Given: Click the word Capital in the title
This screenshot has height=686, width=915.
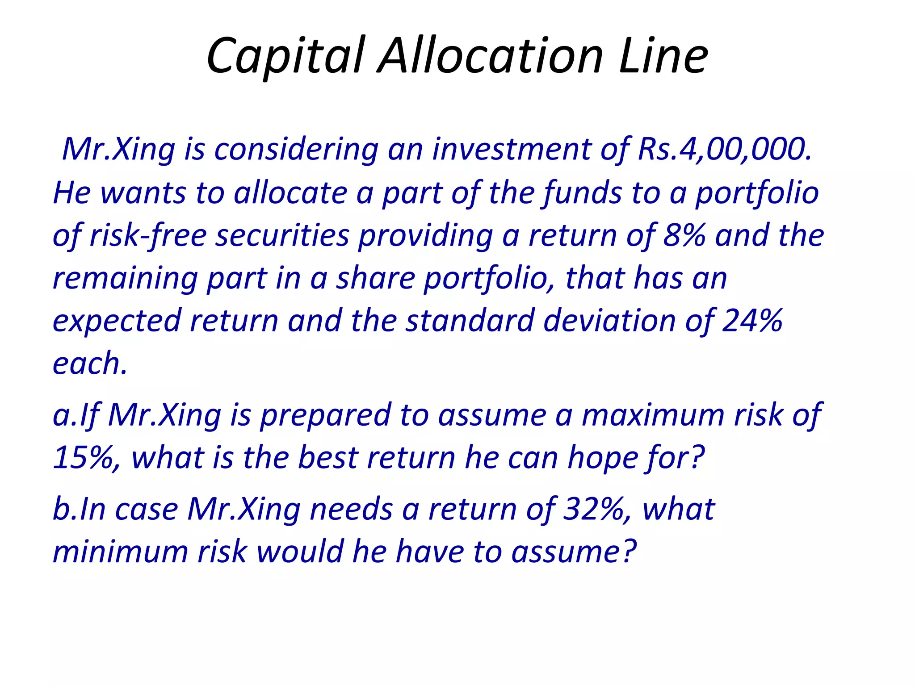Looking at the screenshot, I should click(x=286, y=56).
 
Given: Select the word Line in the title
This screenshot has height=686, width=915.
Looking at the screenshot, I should click(x=663, y=56).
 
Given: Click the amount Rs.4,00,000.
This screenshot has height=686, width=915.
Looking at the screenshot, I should click(x=724, y=149).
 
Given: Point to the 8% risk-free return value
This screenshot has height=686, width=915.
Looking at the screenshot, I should click(x=684, y=235).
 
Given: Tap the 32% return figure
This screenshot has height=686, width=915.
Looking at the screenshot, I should click(x=594, y=509).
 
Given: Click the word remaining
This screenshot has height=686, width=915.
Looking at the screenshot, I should click(x=125, y=279).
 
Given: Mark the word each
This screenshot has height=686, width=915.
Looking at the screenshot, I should click(x=89, y=363).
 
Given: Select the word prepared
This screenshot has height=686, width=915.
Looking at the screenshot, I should click(x=325, y=415).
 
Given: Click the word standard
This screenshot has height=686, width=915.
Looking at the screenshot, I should click(x=470, y=321).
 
